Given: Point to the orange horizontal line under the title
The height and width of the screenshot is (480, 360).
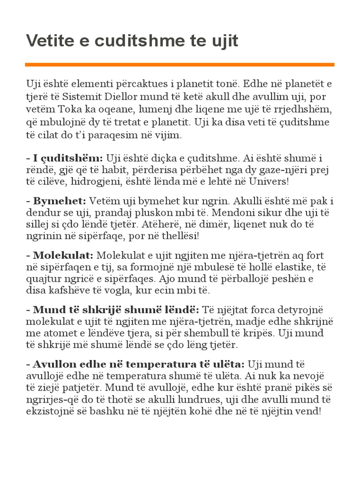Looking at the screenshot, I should point(180,64).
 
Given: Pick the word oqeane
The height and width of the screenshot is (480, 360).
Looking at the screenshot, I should point(108,109).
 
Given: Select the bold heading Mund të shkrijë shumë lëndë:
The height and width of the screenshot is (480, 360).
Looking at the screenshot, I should point(113,310).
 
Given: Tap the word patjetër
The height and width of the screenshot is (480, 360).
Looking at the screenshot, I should point(80,388).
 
